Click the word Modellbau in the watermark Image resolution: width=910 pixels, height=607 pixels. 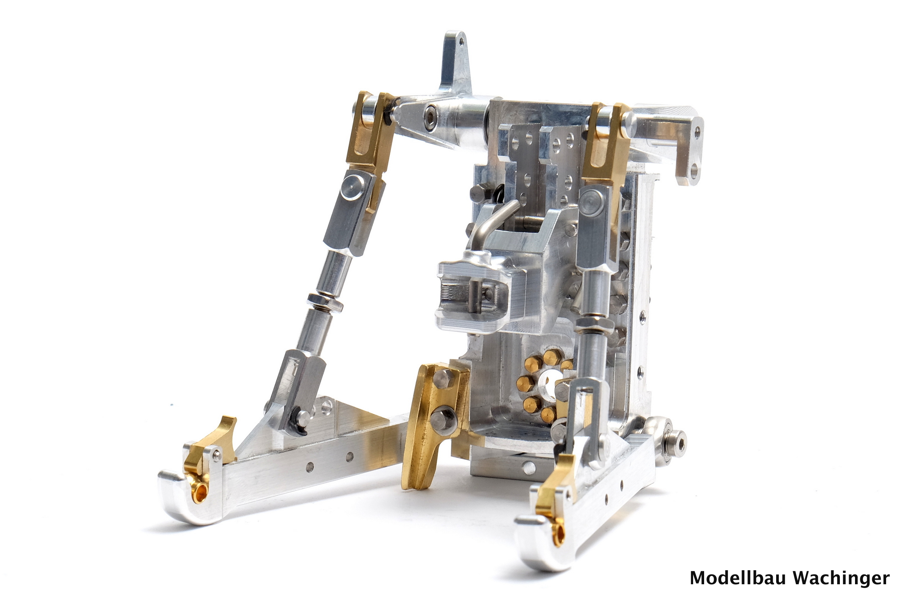pyautogui.click(x=738, y=579)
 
